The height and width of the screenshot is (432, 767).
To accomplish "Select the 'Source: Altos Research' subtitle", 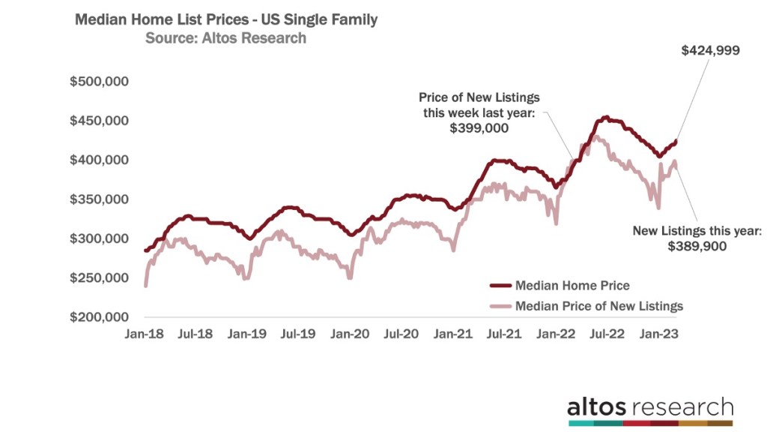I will tap(225, 38).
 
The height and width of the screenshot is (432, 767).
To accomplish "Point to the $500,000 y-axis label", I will tap(100, 81).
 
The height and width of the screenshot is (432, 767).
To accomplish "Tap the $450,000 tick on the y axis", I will tap(100, 121).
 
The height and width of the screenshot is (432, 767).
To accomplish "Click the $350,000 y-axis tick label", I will tap(100, 199).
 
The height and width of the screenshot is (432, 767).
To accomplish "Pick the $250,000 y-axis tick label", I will tap(100, 278).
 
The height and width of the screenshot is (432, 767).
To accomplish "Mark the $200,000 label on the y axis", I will tap(100, 317).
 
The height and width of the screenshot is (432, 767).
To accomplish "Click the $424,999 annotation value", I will tap(710, 51).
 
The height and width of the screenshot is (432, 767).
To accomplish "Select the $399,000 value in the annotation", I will tap(479, 127).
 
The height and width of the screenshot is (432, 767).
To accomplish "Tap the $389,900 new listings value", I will tap(697, 246).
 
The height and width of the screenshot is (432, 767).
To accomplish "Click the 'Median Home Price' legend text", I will tap(572, 286).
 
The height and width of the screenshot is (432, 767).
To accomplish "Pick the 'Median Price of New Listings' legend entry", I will tap(599, 305).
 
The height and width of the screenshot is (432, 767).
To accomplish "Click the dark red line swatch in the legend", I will tap(500, 286).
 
